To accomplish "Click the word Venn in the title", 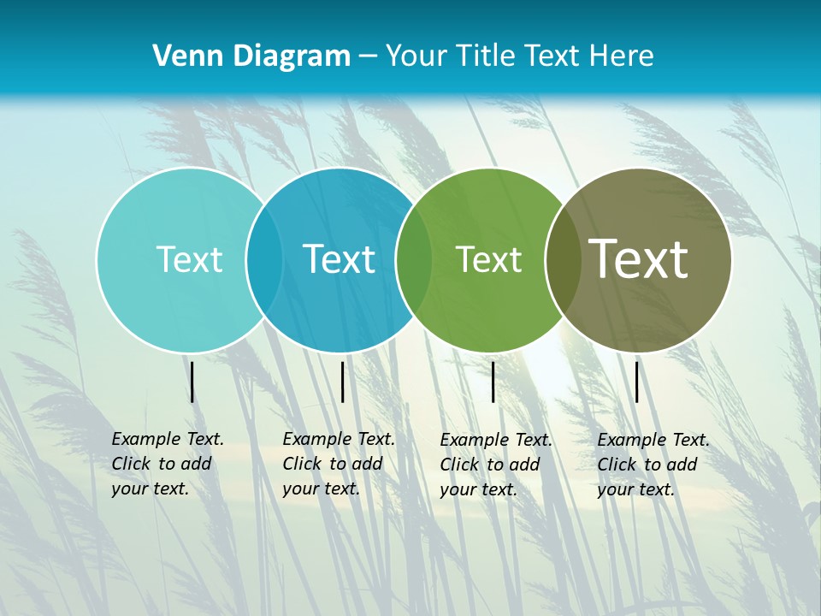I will click(181, 56).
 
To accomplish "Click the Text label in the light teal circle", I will click(189, 259).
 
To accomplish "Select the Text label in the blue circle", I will click(340, 259).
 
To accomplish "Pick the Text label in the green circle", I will click(488, 260).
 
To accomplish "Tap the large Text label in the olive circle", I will click(639, 259).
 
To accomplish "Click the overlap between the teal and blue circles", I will click(264, 260).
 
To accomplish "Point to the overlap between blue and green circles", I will click(414, 260).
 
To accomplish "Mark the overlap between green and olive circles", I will click(563, 260).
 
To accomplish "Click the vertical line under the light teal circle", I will click(192, 382).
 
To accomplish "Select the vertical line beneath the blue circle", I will click(342, 382).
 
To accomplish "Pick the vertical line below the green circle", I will click(493, 382).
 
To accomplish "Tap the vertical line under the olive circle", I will click(636, 382).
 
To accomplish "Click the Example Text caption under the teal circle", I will click(167, 464).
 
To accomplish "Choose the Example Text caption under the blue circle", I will click(338, 464).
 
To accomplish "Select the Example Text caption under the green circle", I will click(495, 465).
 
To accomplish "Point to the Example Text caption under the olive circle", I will click(653, 465).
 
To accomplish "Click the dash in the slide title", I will click(368, 56).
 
